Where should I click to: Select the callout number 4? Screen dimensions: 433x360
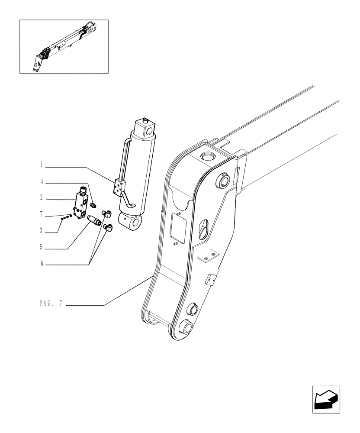pos(42,182)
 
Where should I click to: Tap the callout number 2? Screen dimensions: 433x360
pos(42,198)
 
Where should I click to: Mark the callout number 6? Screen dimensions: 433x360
pos(42,264)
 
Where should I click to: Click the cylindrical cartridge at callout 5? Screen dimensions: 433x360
pos(94,220)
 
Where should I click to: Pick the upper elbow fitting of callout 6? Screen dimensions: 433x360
pos(107,213)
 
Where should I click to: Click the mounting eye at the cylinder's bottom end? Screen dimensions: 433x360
pos(135,223)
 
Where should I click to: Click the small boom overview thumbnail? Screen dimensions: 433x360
pos(64,46)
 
